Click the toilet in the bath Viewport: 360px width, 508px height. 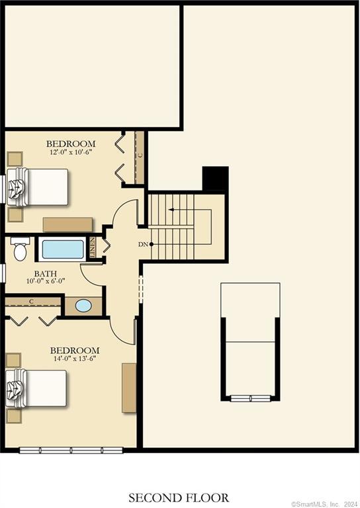pyautogui.click(x=20, y=249)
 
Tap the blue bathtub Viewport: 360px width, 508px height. pyautogui.click(x=63, y=249)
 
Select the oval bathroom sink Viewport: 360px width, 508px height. pyautogui.click(x=83, y=306)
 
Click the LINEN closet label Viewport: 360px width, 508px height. pyautogui.click(x=93, y=248)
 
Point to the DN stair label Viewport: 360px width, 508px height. pyautogui.click(x=143, y=245)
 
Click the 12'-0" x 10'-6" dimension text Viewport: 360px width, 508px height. pyautogui.click(x=70, y=152)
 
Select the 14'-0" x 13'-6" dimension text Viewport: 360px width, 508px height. pyautogui.click(x=75, y=359)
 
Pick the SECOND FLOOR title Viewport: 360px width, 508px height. pyautogui.click(x=179, y=497)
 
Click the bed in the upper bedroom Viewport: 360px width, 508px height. pyautogui.click(x=40, y=187)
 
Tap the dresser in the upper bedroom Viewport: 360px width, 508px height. pyautogui.click(x=67, y=224)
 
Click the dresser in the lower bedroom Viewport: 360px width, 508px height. pyautogui.click(x=129, y=387)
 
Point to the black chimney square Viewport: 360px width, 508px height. pyautogui.click(x=215, y=179)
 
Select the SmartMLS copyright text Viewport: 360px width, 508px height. pyautogui.click(x=324, y=502)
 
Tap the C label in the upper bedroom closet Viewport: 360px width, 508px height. pyautogui.click(x=140, y=155)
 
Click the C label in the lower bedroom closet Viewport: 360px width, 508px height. pyautogui.click(x=31, y=302)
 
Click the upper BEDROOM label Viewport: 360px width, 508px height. pyautogui.click(x=70, y=144)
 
